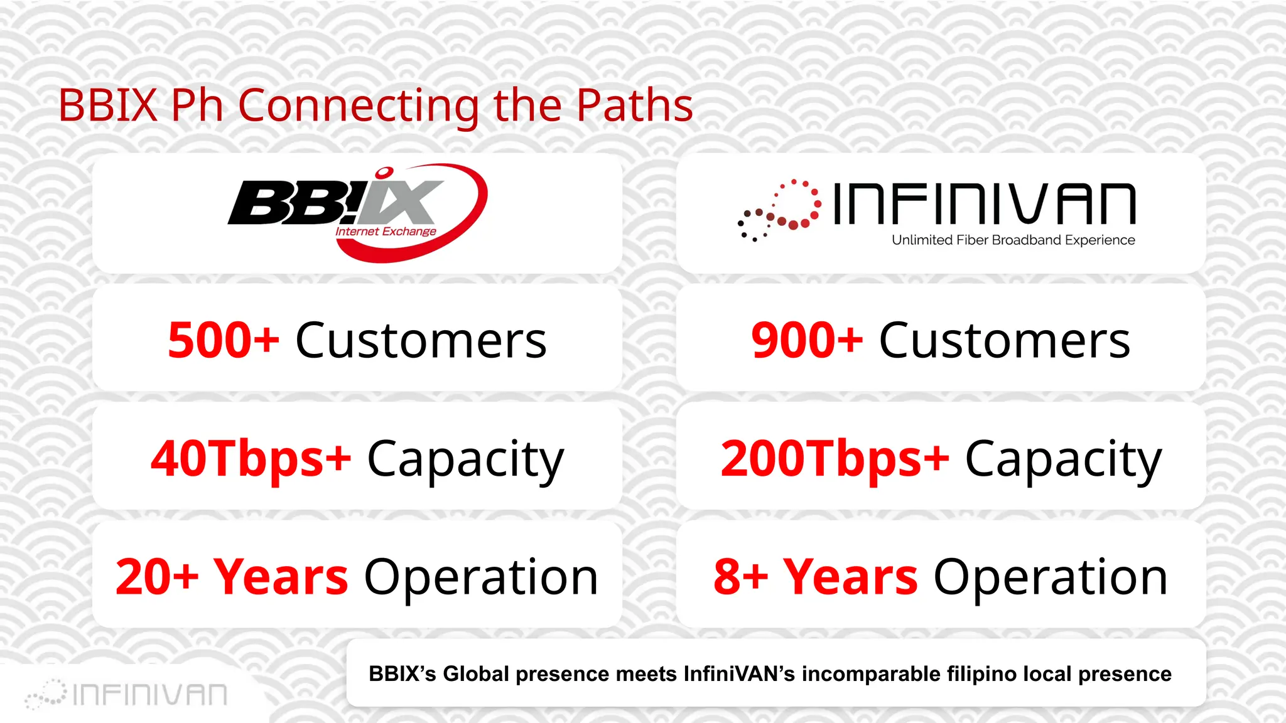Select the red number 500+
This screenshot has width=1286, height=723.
(x=223, y=341)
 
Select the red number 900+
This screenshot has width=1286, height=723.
(x=806, y=341)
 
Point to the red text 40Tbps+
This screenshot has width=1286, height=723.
(x=251, y=459)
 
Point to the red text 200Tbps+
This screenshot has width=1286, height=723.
(x=835, y=459)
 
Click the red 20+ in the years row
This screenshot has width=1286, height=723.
(x=157, y=577)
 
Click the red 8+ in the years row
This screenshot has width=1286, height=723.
(x=740, y=577)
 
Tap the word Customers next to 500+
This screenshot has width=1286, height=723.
(x=421, y=341)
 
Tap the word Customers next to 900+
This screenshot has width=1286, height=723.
(x=1004, y=341)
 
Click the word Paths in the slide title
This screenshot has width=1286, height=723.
(x=634, y=105)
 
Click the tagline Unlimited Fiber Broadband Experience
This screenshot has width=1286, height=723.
(x=1013, y=240)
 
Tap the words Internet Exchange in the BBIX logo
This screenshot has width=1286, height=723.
(x=386, y=232)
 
